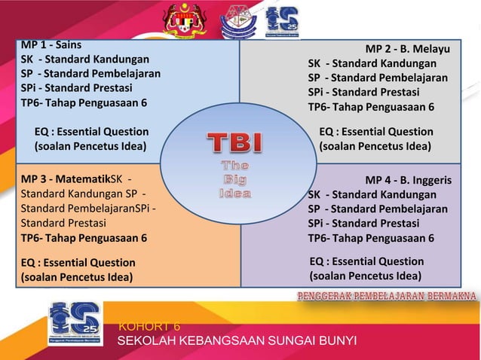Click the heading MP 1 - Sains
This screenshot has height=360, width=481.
pyautogui.click(x=51, y=44)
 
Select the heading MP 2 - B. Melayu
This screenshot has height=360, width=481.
pyautogui.click(x=408, y=50)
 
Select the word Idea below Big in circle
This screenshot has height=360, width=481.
pyautogui.click(x=234, y=193)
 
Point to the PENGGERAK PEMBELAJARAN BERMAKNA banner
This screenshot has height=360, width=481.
pyautogui.click(x=385, y=294)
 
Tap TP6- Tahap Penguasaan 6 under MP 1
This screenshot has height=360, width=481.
pyautogui.click(x=84, y=103)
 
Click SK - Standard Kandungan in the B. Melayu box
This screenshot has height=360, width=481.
pyautogui.click(x=372, y=64)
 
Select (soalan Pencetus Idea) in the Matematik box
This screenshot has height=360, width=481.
pyautogui.click(x=76, y=276)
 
